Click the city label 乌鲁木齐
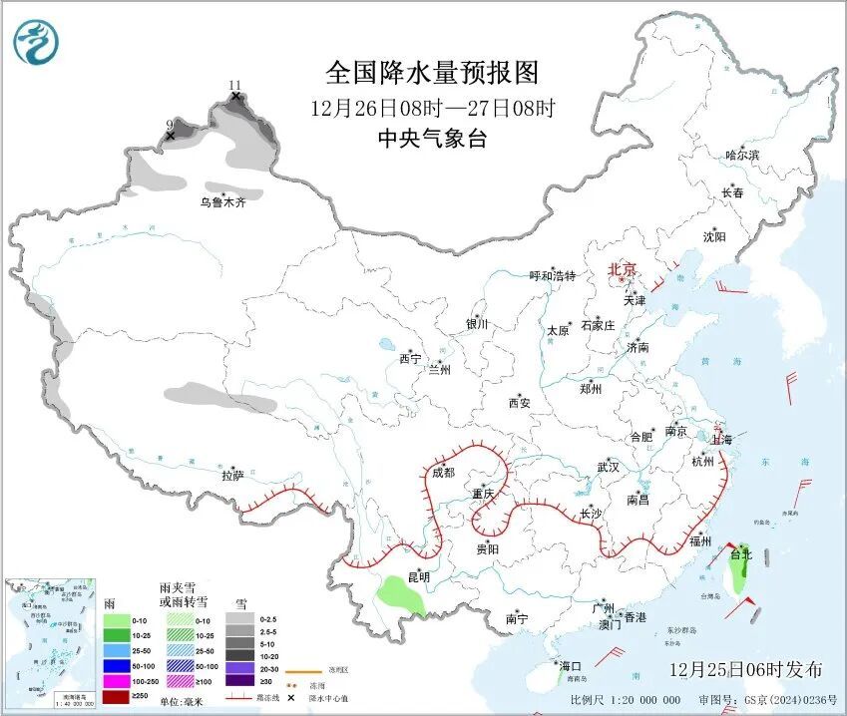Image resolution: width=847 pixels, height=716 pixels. click(221, 202)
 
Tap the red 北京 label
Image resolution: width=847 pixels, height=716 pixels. click(624, 269)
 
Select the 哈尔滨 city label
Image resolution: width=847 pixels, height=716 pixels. click(741, 156)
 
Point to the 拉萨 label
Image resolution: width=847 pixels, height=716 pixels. click(232, 476)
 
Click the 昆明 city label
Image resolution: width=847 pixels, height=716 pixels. click(418, 577)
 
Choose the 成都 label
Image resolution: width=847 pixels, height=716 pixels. click(443, 472)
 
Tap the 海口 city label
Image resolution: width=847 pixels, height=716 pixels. click(570, 666)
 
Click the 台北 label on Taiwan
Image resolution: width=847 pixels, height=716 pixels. click(740, 554)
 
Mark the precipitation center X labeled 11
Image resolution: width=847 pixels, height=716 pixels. click(235, 96)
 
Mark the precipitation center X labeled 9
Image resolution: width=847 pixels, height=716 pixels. click(170, 135)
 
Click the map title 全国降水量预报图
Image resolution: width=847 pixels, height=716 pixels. click(431, 73)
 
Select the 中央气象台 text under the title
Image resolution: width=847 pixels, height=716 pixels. click(431, 140)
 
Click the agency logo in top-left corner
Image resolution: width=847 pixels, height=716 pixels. click(37, 41)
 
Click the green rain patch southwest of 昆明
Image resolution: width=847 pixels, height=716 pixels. click(398, 598)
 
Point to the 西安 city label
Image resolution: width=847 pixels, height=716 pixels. click(519, 403)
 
